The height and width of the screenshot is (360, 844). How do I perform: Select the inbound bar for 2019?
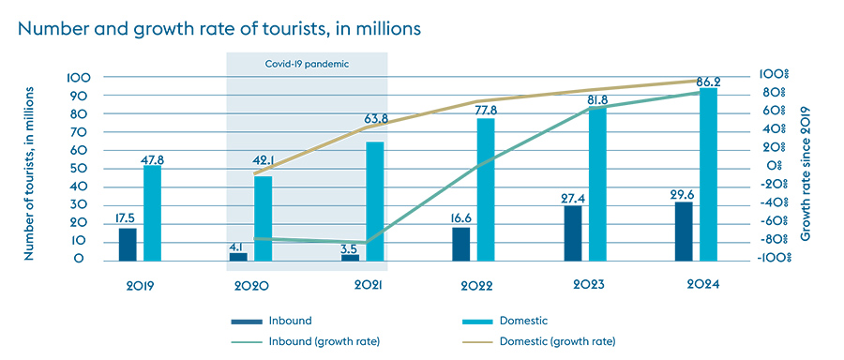(127, 244)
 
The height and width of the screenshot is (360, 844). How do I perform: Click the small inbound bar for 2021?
(350, 257)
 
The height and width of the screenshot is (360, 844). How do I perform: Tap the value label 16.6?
(460, 217)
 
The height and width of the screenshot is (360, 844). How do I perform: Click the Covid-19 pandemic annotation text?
(306, 65)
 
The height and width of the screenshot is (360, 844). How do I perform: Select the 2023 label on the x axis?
(588, 284)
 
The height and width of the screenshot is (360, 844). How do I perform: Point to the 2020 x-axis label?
(252, 284)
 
